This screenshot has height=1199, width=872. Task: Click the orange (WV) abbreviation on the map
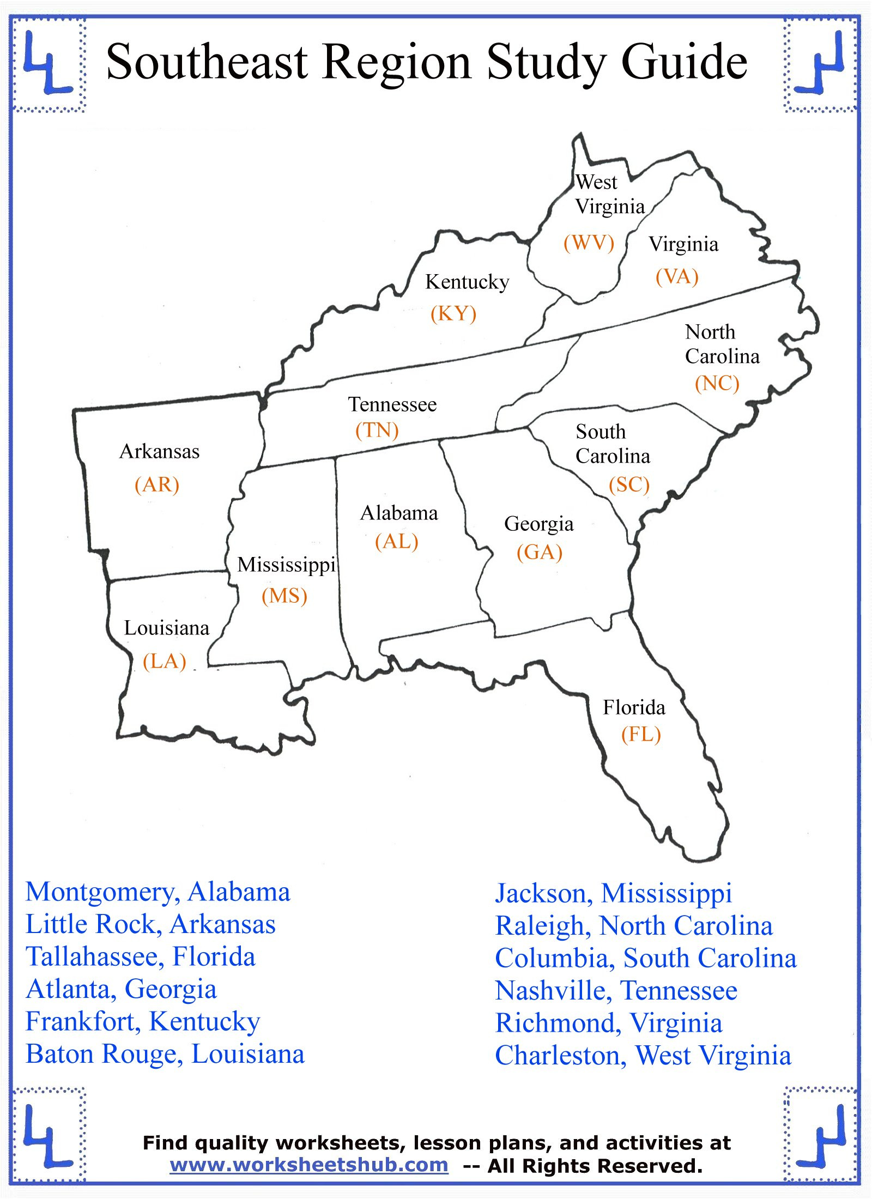click(x=589, y=243)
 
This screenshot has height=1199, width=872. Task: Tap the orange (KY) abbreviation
click(x=453, y=313)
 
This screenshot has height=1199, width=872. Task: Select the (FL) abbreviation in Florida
click(x=641, y=734)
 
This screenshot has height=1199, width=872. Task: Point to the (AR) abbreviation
click(x=157, y=484)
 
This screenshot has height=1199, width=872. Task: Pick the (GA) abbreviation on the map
click(x=539, y=552)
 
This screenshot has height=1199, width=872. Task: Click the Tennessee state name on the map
click(x=392, y=404)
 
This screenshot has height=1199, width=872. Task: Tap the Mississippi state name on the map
click(x=286, y=565)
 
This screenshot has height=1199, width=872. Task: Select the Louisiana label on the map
click(x=166, y=628)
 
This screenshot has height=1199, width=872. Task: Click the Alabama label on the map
click(x=399, y=513)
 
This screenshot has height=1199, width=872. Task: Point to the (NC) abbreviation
click(x=717, y=383)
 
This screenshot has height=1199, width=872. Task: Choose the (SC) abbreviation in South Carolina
click(x=629, y=484)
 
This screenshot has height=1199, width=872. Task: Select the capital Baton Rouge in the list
click(x=102, y=1055)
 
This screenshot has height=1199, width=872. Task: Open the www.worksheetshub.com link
click(x=308, y=1165)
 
